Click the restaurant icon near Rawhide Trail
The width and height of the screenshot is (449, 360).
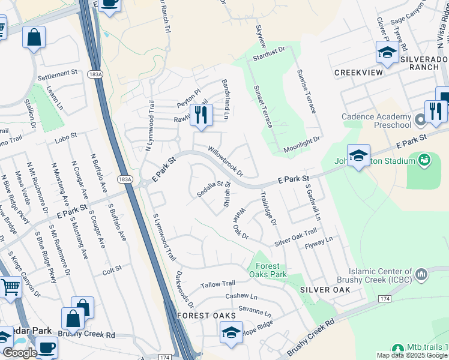coord(201,115)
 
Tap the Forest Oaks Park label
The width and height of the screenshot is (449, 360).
coord(268,270)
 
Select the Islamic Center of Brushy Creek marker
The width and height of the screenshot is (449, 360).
coord(421,275)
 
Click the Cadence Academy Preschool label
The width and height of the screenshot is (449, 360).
coord(376,121)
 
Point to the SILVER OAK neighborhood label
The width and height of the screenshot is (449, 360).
coord(324,289)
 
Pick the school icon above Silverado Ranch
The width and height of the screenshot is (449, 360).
coord(387,52)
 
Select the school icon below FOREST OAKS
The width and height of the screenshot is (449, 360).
coord(231,333)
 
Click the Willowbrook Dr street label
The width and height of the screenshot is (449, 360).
coord(225,160)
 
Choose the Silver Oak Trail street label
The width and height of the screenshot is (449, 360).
coord(295,238)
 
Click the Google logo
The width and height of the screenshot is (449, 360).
coord(20,353)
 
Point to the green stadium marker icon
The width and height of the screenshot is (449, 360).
coord(425,160)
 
